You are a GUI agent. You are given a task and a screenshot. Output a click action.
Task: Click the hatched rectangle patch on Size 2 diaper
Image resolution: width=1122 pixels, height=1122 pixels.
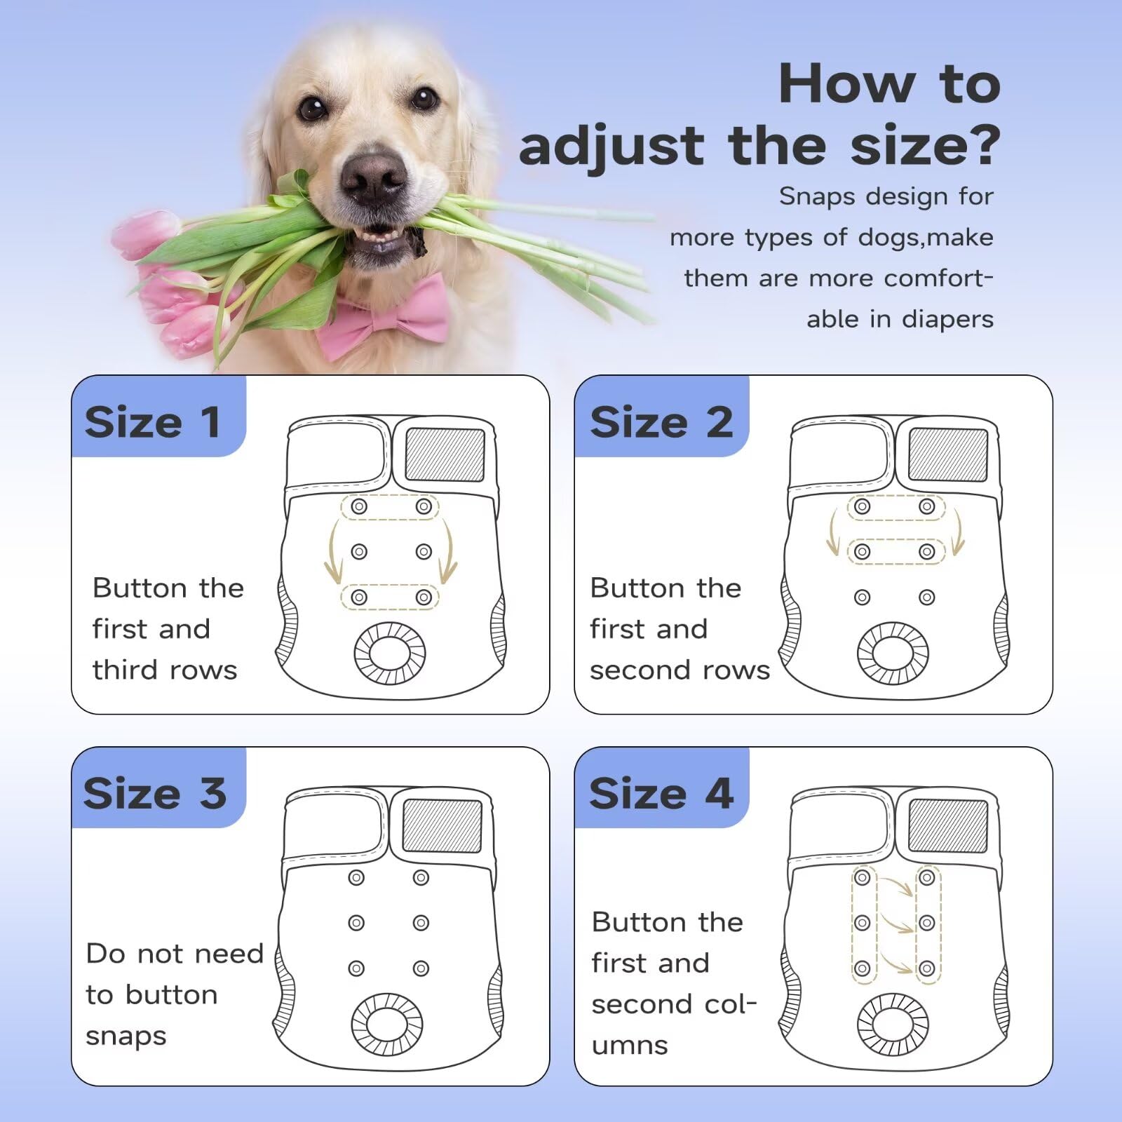click(947, 454)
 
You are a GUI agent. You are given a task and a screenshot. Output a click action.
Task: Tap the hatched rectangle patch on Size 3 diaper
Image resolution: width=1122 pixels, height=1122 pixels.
click(442, 825)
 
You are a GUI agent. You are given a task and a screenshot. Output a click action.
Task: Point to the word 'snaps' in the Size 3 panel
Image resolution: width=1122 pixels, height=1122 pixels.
click(126, 1036)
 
